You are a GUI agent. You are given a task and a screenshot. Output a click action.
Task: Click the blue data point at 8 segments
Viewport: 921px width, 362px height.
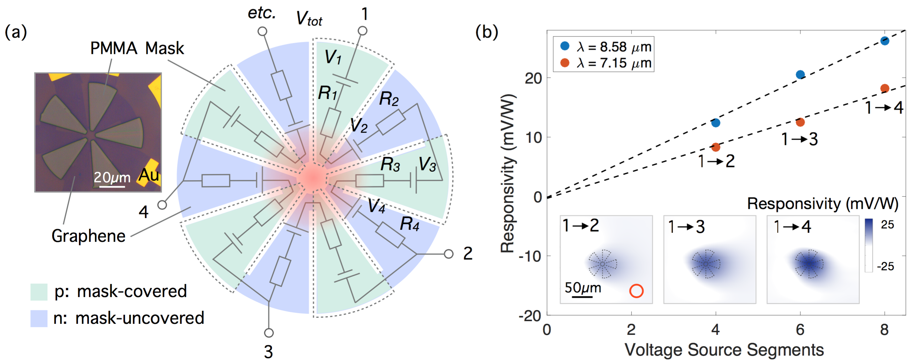pyautogui.click(x=885, y=41)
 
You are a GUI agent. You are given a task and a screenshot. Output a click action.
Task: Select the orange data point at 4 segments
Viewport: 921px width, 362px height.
pyautogui.click(x=715, y=147)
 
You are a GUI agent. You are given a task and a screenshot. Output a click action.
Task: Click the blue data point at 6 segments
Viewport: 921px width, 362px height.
pyautogui.click(x=800, y=74)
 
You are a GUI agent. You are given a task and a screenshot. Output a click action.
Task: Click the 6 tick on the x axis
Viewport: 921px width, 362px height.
pyautogui.click(x=800, y=330)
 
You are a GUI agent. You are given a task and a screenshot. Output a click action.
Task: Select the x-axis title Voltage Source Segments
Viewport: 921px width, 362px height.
pyautogui.click(x=724, y=350)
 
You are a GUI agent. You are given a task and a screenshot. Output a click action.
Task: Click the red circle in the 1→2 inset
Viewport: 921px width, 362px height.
pyautogui.click(x=636, y=291)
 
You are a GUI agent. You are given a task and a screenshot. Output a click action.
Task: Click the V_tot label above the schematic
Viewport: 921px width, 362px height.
pyautogui.click(x=309, y=19)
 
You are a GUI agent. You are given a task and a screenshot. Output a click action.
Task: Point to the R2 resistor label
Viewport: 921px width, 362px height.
pyautogui.click(x=389, y=98)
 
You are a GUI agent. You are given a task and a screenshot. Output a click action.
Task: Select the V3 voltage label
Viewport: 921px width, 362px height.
pyautogui.click(x=427, y=165)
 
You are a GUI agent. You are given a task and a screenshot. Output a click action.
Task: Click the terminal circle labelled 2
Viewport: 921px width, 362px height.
pyautogui.click(x=448, y=254)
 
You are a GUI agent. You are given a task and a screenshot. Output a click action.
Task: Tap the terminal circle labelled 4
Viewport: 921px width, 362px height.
pyautogui.click(x=162, y=205)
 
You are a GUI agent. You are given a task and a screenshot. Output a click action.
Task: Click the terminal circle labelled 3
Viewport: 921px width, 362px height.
pyautogui.click(x=269, y=333)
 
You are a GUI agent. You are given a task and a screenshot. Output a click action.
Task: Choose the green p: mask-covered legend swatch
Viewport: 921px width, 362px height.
pyautogui.click(x=38, y=291)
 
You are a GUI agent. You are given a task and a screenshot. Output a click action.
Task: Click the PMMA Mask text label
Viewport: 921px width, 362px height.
pyautogui.click(x=137, y=48)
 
